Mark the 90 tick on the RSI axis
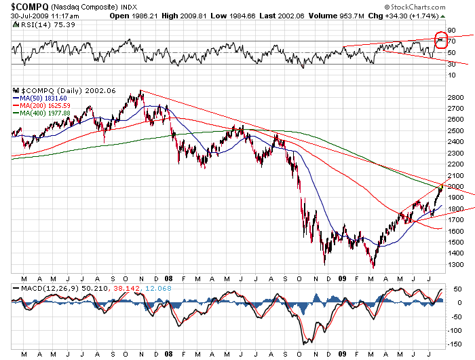coord(451,31)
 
